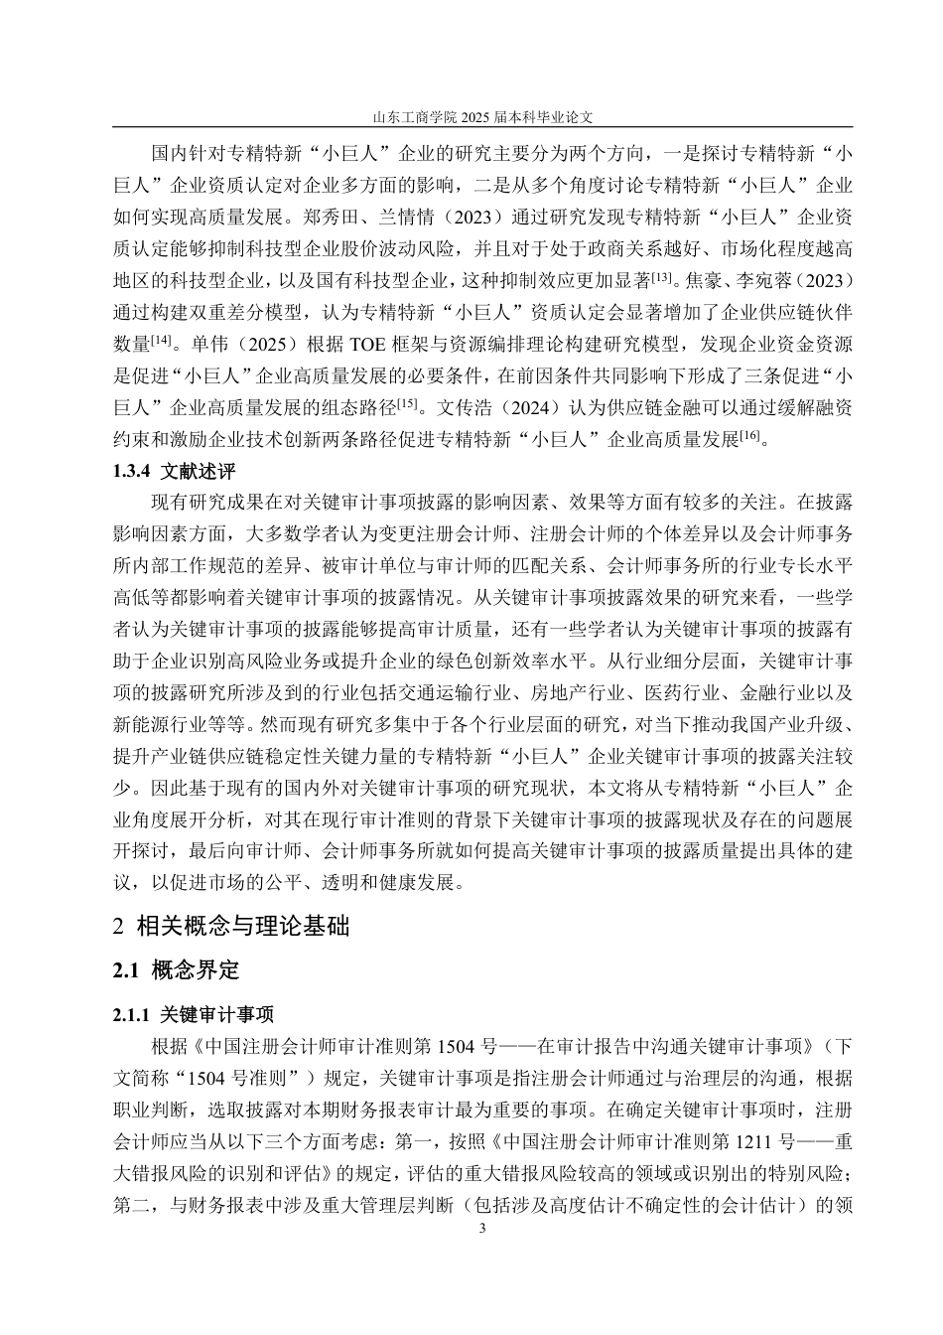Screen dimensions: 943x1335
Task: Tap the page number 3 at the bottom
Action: (483, 1229)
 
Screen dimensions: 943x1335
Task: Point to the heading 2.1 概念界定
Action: (177, 969)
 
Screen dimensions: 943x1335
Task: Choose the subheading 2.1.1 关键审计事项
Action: (194, 1014)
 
